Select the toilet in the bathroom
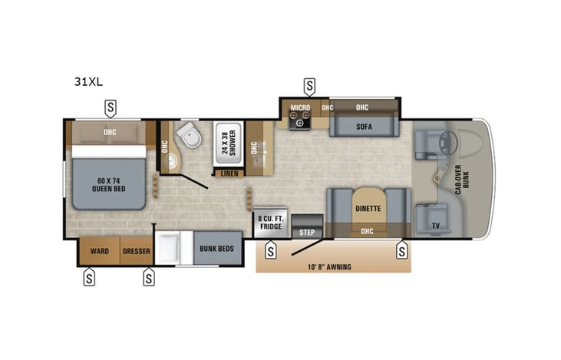(x=186, y=136)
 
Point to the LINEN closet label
(x=229, y=173)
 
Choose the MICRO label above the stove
(x=299, y=107)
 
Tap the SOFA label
(x=364, y=127)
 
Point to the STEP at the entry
(x=307, y=232)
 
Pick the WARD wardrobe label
(x=99, y=251)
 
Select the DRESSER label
(x=136, y=251)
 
